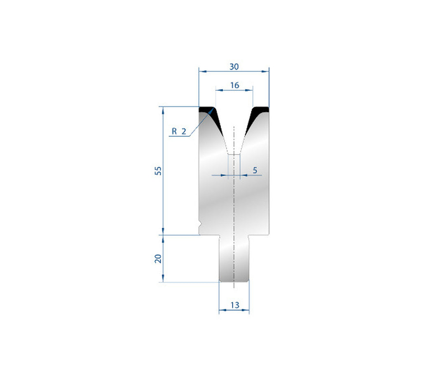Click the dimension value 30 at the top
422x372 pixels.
pyautogui.click(x=234, y=66)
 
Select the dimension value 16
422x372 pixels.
pyautogui.click(x=234, y=85)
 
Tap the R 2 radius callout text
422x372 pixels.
pyautogui.click(x=179, y=131)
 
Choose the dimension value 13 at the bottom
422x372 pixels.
pyautogui.click(x=234, y=305)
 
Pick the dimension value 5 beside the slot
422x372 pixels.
pyautogui.click(x=255, y=170)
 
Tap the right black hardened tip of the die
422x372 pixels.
pyautogui.click(x=259, y=111)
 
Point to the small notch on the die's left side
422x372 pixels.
pyautogui.click(x=200, y=225)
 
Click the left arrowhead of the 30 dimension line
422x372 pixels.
pyautogui.click(x=201, y=71)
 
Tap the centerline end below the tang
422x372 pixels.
pyautogui.click(x=234, y=287)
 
